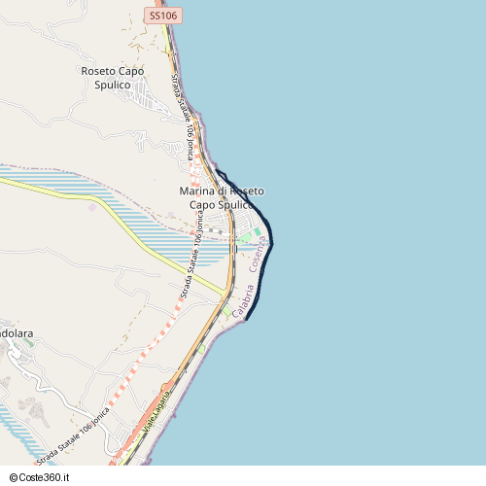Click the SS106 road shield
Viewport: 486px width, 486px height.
[x=164, y=16]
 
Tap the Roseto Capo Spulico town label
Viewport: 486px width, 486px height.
[x=113, y=78]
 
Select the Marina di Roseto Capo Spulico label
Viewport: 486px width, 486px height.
[x=222, y=198]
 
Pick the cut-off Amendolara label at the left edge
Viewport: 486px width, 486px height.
[x=17, y=333]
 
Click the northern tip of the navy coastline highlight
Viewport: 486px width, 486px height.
[x=215, y=169]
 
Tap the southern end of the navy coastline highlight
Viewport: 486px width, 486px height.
[x=248, y=318]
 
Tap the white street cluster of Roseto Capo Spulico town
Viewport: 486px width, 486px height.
[x=151, y=96]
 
